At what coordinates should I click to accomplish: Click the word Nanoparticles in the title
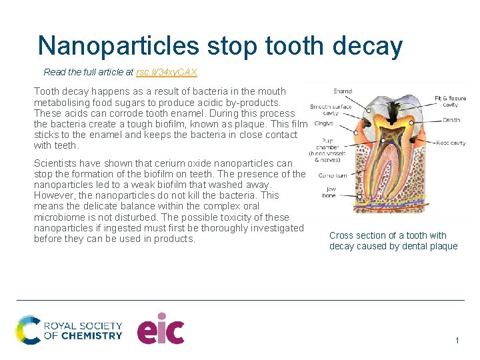click(119, 45)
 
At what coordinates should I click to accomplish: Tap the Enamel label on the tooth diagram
click(344, 91)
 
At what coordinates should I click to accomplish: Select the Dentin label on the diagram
click(451, 121)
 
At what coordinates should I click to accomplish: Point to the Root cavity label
click(451, 143)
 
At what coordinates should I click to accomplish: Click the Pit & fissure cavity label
click(450, 101)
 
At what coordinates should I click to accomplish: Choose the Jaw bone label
click(329, 192)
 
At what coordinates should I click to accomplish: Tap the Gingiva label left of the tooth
click(324, 123)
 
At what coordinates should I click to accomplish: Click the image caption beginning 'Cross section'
click(393, 241)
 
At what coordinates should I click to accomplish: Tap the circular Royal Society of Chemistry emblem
click(28, 330)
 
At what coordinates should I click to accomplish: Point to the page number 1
click(457, 341)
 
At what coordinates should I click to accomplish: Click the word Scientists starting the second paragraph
click(55, 163)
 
